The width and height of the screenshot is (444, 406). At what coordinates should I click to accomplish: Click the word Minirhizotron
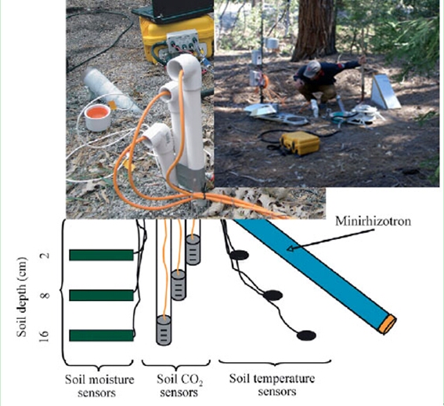373,221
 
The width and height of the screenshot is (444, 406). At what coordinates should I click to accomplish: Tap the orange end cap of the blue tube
388,324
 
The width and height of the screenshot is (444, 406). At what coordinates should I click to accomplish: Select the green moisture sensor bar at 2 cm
101,255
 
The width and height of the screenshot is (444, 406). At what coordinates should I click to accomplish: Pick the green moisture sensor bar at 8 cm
101,295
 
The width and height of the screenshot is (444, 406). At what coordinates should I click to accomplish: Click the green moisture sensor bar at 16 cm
101,335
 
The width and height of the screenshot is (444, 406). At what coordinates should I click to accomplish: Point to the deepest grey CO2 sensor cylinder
164,330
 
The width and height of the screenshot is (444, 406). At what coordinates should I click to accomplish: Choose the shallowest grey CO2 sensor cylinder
193,250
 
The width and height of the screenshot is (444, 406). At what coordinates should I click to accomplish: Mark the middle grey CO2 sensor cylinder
179,285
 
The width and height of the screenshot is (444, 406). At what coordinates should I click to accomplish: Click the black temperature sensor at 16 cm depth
306,335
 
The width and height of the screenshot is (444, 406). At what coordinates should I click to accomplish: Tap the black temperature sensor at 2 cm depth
240,256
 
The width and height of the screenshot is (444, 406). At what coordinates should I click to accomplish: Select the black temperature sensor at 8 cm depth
273,295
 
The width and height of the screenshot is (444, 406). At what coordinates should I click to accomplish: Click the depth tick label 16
45,336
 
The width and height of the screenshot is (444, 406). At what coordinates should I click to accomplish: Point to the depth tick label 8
45,295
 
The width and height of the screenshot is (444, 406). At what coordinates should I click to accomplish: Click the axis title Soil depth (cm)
22,297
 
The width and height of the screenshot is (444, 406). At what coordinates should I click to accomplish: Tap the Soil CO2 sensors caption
179,386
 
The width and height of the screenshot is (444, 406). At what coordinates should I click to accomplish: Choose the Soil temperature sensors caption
272,385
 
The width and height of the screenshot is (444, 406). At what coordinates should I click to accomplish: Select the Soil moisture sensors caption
99,386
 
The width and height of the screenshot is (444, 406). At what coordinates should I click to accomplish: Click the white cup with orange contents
97,117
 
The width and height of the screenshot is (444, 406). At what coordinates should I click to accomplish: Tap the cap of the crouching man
312,68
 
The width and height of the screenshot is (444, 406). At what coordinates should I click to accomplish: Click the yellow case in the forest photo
300,143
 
